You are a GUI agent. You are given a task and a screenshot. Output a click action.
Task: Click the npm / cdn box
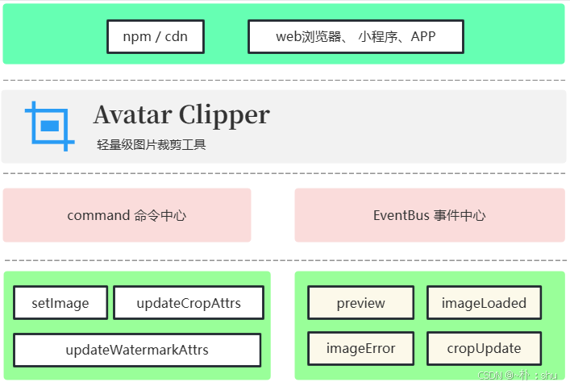pos(155,37)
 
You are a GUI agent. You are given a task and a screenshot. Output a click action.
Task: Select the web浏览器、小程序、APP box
pos(356,37)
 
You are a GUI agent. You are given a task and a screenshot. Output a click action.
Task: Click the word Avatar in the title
pos(131,115)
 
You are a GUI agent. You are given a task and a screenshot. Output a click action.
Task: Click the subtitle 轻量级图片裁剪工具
pos(152,145)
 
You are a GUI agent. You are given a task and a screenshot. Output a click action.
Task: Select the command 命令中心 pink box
pos(127,215)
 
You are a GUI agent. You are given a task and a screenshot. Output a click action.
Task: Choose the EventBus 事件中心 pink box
pos(429,215)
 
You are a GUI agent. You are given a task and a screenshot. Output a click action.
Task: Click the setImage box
pos(60,303)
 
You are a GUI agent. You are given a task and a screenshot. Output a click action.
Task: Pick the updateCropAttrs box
pos(189,303)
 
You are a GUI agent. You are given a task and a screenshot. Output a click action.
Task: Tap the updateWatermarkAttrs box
pos(137,350)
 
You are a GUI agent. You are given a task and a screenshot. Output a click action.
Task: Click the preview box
pos(360,303)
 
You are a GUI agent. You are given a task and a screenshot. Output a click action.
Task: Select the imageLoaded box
pos(484,303)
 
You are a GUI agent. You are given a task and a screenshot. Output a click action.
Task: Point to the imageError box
pos(360,349)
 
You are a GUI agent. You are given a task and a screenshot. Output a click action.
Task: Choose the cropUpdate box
pos(484,349)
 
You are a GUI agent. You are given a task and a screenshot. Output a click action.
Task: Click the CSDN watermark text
pos(517,376)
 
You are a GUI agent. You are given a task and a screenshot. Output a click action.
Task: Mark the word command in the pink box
pos(98,215)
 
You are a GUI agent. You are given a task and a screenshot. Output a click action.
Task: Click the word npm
pos(135,37)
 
